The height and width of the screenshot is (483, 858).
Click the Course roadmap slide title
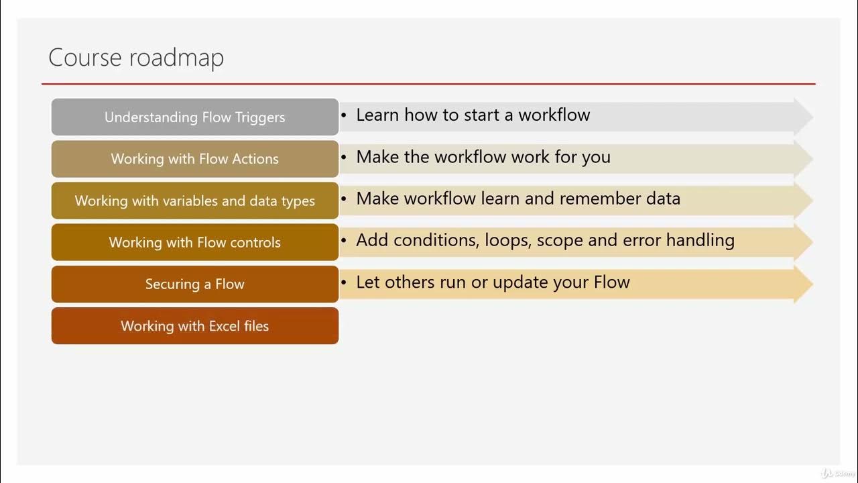(136, 58)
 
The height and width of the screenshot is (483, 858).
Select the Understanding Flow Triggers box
(195, 117)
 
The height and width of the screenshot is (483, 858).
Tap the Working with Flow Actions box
(195, 159)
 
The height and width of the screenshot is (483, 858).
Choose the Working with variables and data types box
(195, 201)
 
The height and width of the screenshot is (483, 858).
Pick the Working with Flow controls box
(195, 242)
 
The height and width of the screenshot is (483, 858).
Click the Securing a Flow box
(195, 284)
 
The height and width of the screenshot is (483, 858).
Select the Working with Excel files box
(195, 326)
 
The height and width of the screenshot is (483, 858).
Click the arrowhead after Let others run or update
(804, 284)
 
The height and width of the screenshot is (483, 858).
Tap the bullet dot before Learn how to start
(344, 116)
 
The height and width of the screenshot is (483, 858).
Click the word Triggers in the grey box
(260, 117)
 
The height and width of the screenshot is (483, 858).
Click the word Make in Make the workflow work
(377, 157)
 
